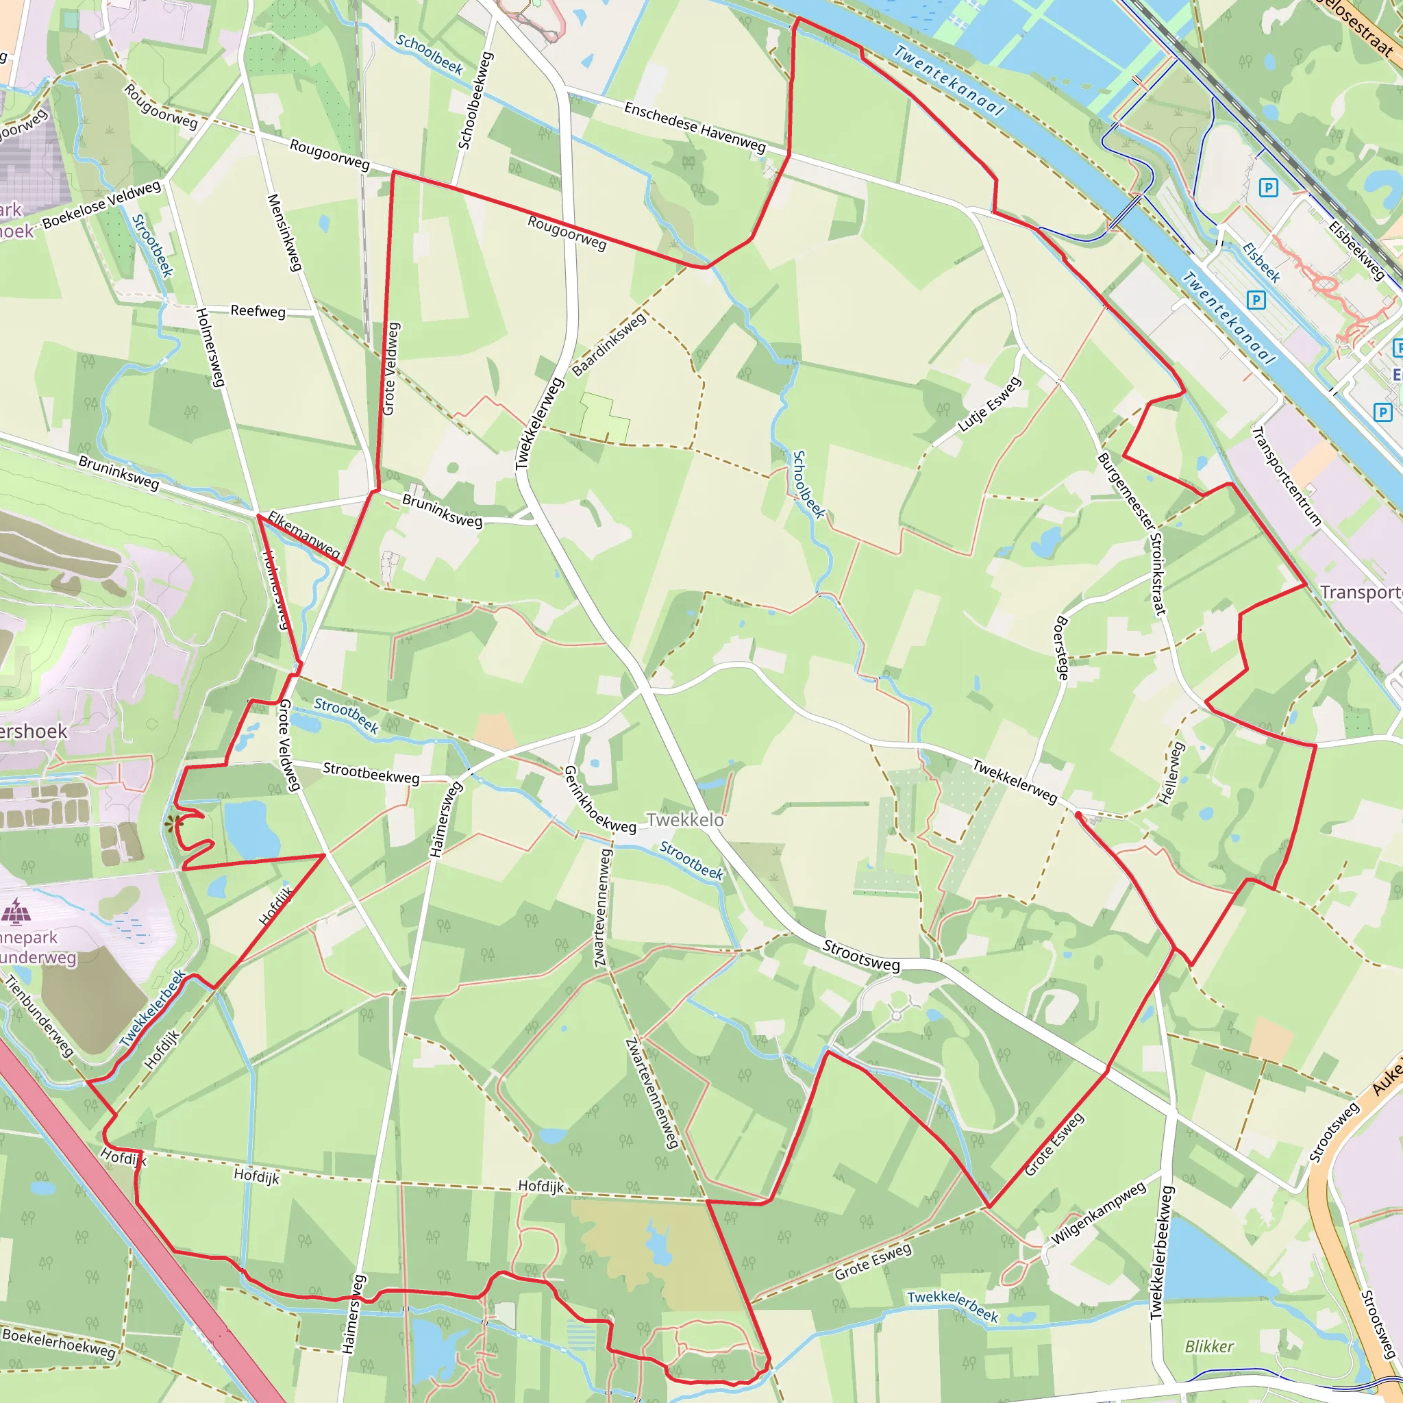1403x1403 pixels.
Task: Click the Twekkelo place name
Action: tap(685, 820)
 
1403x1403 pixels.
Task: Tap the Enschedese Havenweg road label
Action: tap(694, 127)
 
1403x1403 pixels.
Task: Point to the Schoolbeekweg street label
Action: tap(475, 101)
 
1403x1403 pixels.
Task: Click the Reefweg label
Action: tap(258, 311)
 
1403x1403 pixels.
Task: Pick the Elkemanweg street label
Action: tap(303, 534)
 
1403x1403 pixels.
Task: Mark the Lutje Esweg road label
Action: tap(989, 404)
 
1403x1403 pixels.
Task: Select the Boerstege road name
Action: tap(1061, 648)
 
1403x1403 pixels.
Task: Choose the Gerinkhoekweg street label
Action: tap(599, 799)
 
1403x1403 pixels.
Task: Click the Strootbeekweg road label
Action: tap(371, 773)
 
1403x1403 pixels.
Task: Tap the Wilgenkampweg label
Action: tap(1098, 1212)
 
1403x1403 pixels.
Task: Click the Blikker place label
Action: tap(1209, 1346)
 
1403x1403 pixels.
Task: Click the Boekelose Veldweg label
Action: tap(101, 204)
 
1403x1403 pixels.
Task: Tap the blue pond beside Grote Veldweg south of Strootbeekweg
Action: tap(251, 830)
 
